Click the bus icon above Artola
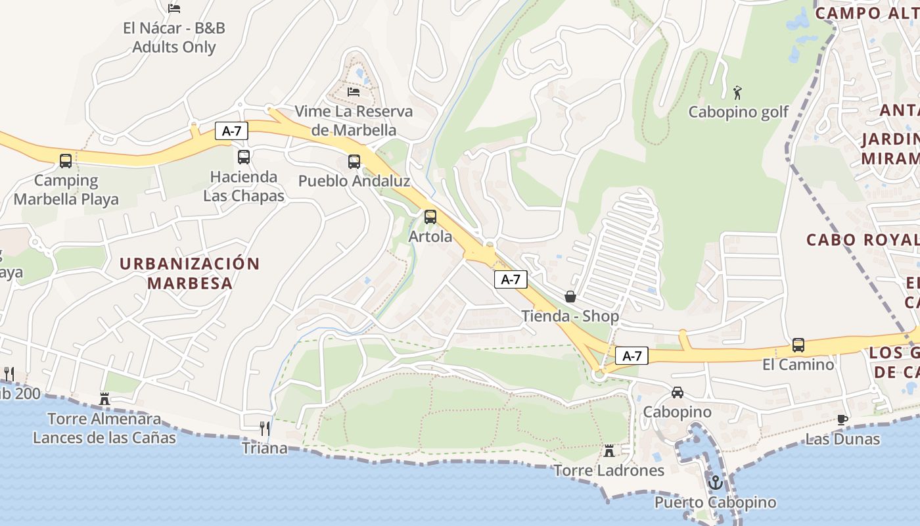(x=430, y=216)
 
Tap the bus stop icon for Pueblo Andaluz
(x=354, y=161)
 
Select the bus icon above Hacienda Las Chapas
(x=244, y=157)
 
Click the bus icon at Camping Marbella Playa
(x=66, y=160)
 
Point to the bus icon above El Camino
(x=798, y=345)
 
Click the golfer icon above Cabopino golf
(x=738, y=92)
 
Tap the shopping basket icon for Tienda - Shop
(x=570, y=297)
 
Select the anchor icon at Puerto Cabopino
(x=716, y=483)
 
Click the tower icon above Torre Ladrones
(x=609, y=451)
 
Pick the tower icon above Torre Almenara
(x=104, y=398)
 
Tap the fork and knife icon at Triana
(x=265, y=429)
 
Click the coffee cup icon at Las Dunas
(x=842, y=419)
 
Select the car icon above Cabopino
(x=678, y=393)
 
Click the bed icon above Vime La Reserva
(x=354, y=91)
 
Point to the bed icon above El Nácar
(x=174, y=8)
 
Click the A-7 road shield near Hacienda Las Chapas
(x=232, y=131)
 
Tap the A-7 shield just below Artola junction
(x=511, y=279)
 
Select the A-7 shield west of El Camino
(x=632, y=356)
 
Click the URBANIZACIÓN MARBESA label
(x=190, y=273)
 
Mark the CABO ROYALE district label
(x=862, y=240)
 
